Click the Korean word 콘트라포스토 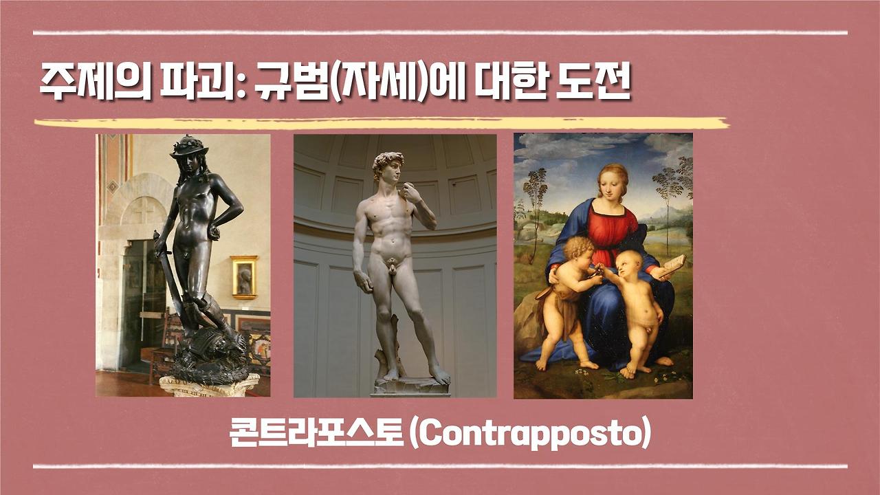pos(317,435)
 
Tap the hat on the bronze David pos(188,146)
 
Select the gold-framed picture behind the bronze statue pos(243,277)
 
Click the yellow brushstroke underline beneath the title pos(382,124)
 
